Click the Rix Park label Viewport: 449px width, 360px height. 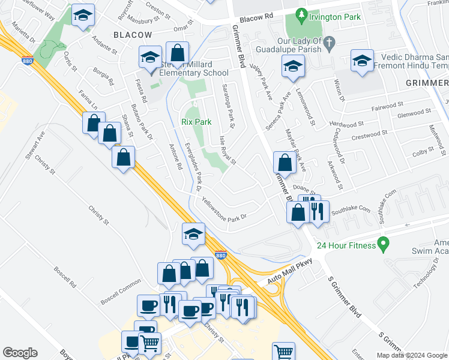(196, 122)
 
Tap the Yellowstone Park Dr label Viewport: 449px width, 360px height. (224, 209)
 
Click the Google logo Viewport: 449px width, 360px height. (20, 353)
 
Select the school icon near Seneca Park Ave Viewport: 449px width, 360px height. (293, 65)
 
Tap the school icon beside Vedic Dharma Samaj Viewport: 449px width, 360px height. (363, 61)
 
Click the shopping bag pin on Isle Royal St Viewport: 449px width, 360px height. (284, 162)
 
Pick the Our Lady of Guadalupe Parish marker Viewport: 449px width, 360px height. (337, 41)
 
